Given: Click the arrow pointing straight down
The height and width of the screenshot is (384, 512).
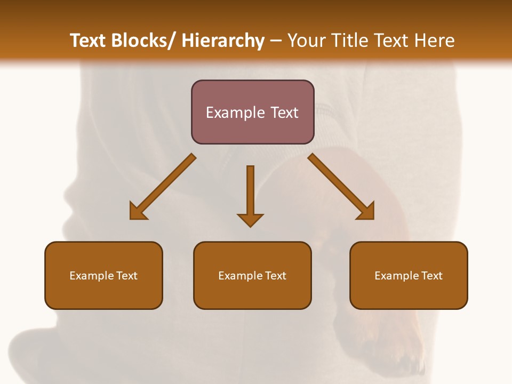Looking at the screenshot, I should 250,192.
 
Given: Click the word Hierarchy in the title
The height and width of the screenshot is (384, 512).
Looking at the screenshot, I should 223,41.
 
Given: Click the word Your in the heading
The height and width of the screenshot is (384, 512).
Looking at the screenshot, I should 307,41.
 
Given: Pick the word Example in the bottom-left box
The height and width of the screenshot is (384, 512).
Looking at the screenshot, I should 92,276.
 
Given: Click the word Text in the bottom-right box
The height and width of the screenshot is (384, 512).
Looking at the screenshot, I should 431,276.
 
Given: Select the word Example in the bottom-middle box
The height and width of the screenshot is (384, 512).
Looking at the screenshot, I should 241,276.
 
